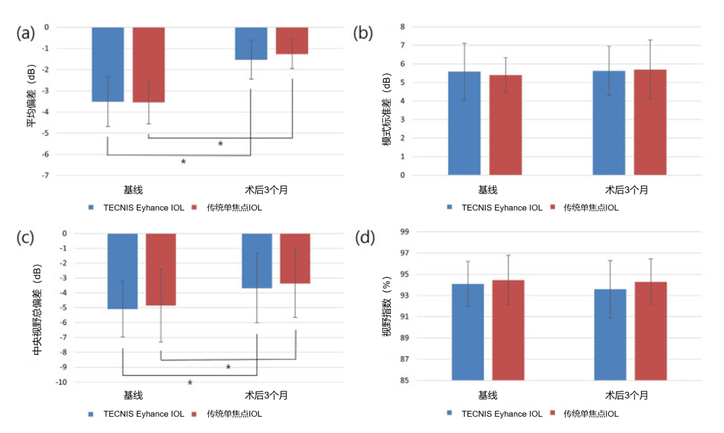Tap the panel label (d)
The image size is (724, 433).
(x=365, y=238)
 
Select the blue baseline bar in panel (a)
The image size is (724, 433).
(x=107, y=64)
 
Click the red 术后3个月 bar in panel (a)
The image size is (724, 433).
(x=292, y=41)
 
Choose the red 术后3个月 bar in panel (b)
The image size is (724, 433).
(x=650, y=122)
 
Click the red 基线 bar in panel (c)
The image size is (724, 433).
(x=161, y=270)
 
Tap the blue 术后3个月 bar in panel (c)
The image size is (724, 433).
(x=257, y=261)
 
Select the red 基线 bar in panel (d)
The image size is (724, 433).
(x=508, y=330)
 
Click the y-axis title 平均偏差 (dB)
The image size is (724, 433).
(x=30, y=95)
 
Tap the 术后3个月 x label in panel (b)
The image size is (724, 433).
(x=627, y=190)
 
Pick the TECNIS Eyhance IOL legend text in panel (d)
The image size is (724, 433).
(x=502, y=413)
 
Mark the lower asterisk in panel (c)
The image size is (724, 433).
(x=190, y=383)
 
